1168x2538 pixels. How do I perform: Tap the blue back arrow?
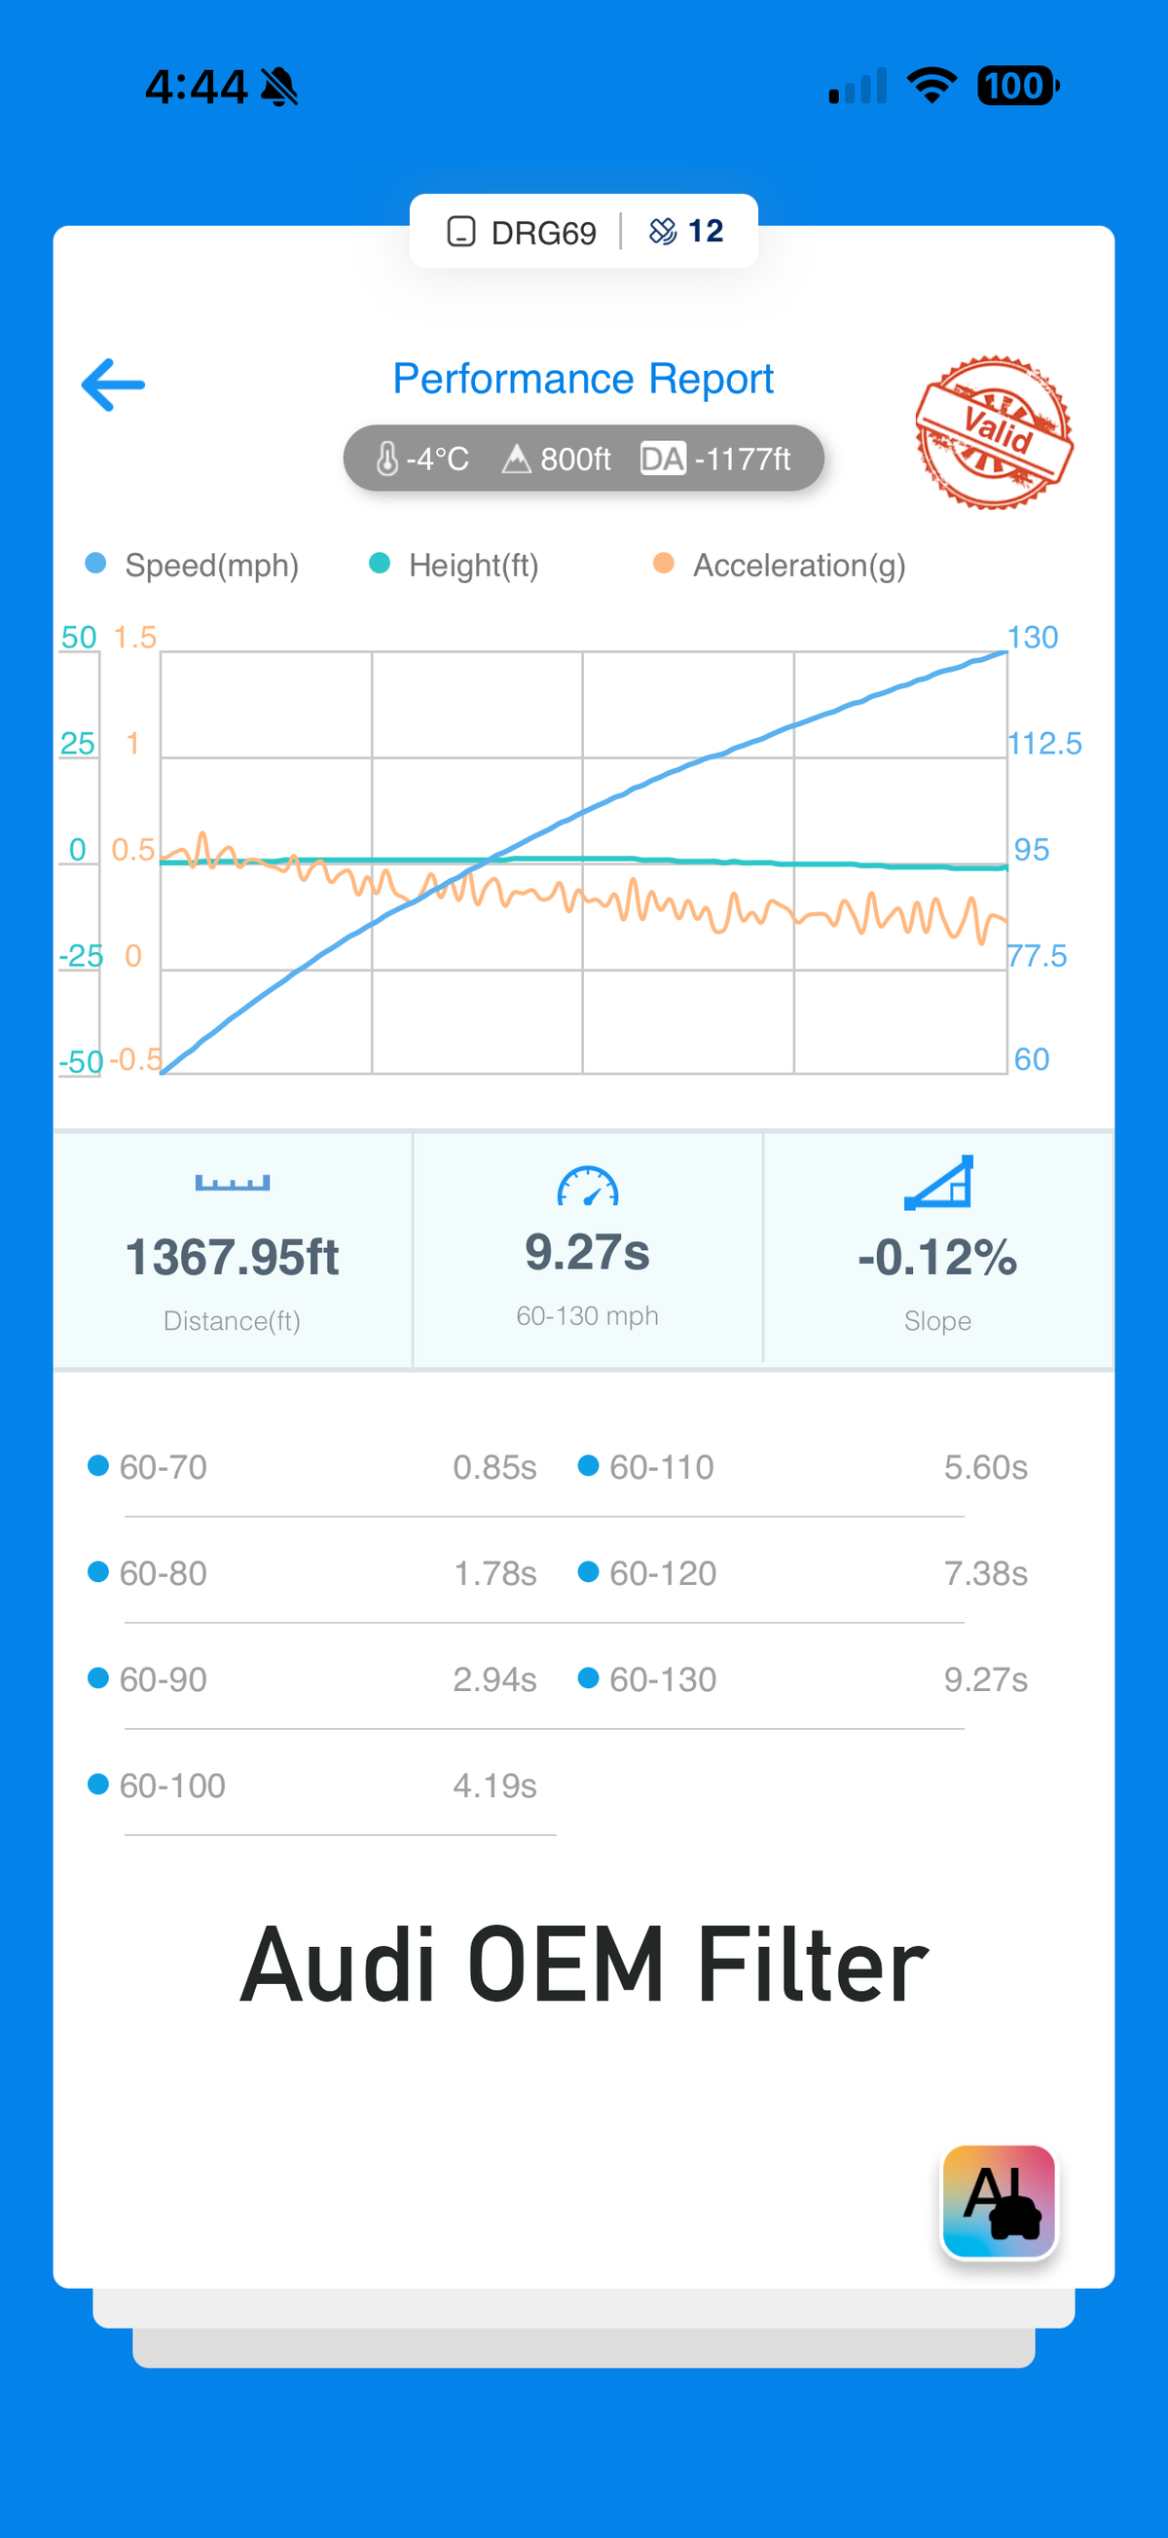(x=113, y=385)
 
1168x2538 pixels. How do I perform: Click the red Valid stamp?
(x=994, y=432)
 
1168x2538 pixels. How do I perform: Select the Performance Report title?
(x=583, y=380)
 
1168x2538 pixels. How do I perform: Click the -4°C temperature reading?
(x=422, y=460)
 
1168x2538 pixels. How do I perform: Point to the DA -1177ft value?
(x=716, y=460)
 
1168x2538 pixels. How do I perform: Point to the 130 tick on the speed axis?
(x=1032, y=638)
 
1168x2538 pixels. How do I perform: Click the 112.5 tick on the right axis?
(x=1044, y=744)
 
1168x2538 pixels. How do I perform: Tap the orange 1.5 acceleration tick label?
(x=135, y=638)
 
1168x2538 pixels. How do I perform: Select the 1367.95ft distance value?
(x=233, y=1257)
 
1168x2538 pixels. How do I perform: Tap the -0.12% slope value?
(x=936, y=1257)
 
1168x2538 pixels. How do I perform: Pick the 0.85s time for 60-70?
(x=494, y=1467)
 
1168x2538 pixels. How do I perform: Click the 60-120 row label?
(x=662, y=1573)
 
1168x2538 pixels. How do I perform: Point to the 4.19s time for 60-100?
(x=494, y=1785)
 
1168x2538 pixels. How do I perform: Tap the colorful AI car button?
(x=999, y=2201)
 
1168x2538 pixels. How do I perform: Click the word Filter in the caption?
(x=812, y=1965)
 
